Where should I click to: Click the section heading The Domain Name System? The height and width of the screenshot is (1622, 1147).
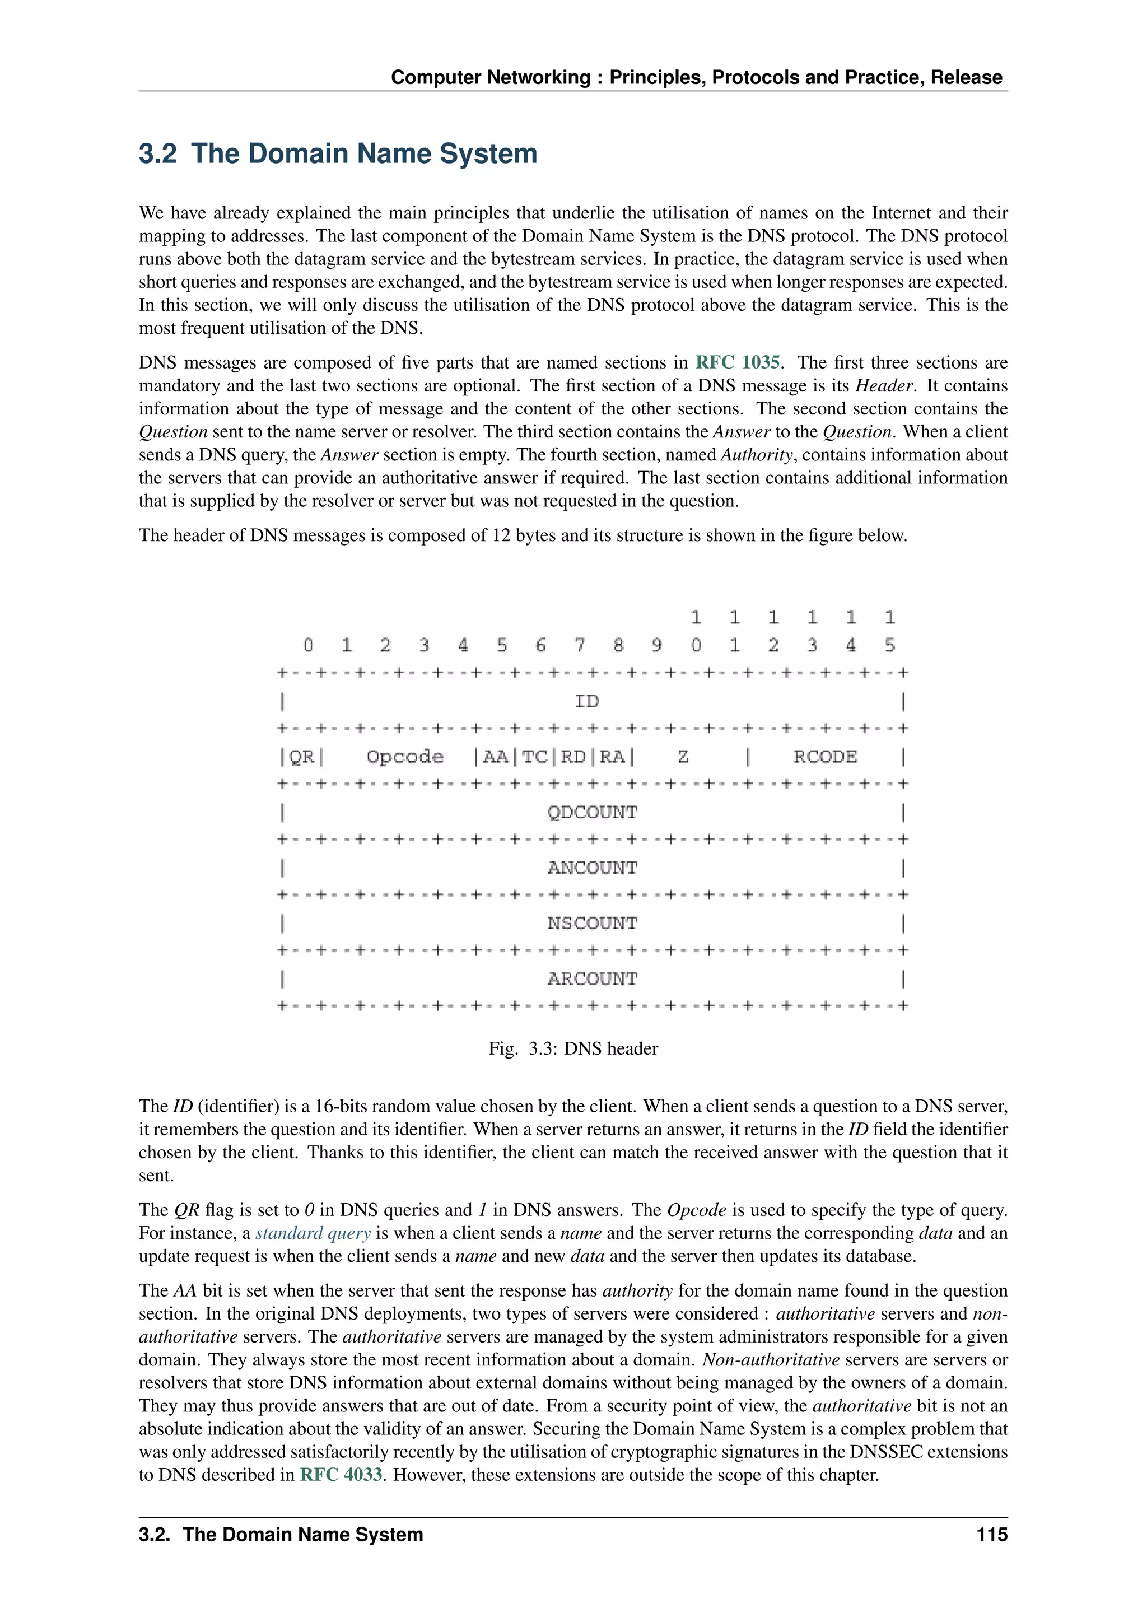coord(338,153)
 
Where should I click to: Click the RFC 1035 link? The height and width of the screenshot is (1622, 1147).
coord(738,362)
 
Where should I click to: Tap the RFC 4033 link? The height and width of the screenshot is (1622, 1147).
coord(341,1474)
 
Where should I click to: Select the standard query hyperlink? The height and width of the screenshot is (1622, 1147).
coord(313,1233)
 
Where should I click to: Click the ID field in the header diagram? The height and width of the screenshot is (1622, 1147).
coord(586,701)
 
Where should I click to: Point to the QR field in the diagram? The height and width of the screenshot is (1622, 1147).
coord(301,757)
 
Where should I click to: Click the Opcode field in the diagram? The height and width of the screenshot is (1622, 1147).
coord(405,757)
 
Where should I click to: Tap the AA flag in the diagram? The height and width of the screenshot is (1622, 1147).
coord(495,757)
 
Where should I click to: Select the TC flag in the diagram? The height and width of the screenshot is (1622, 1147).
coord(535,757)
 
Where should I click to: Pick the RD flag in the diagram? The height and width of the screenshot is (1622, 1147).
coord(573,757)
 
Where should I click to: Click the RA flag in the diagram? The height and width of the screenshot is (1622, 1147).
coord(612,757)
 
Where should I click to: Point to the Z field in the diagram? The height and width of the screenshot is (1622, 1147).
coord(683,757)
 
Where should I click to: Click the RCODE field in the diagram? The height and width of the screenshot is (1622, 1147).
coord(825,757)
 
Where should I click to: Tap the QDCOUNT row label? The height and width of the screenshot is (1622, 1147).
coord(592,813)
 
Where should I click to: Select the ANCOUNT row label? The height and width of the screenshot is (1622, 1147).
coord(592,868)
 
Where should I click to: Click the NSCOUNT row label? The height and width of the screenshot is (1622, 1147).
coord(592,924)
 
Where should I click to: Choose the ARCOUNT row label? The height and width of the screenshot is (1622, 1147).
coord(592,978)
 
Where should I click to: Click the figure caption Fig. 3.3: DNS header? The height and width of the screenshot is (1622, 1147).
coord(573,1048)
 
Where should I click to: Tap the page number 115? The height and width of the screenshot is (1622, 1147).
coord(992,1535)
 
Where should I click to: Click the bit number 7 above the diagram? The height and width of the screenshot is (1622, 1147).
coord(579,645)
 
